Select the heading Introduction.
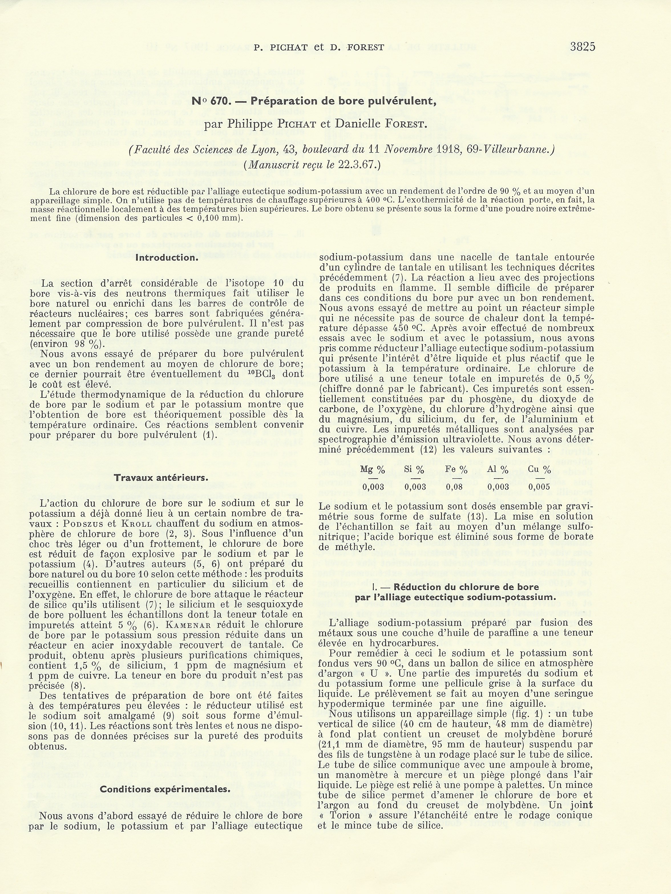click(x=167, y=258)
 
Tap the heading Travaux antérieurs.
click(x=161, y=477)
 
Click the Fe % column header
click(x=456, y=470)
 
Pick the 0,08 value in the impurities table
click(x=454, y=487)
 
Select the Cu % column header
click(x=539, y=470)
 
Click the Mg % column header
click(x=372, y=470)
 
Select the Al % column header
click(x=497, y=470)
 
